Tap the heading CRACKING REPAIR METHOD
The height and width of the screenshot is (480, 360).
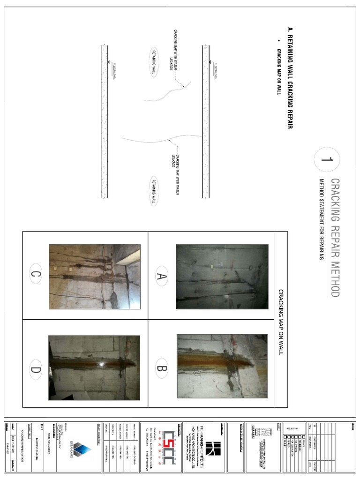click(x=335, y=237)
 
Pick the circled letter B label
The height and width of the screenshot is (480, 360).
click(x=162, y=368)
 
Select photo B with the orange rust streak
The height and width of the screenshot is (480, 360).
click(x=222, y=366)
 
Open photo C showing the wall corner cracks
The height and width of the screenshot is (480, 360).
click(x=95, y=276)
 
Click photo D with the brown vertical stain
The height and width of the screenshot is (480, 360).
click(x=95, y=367)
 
